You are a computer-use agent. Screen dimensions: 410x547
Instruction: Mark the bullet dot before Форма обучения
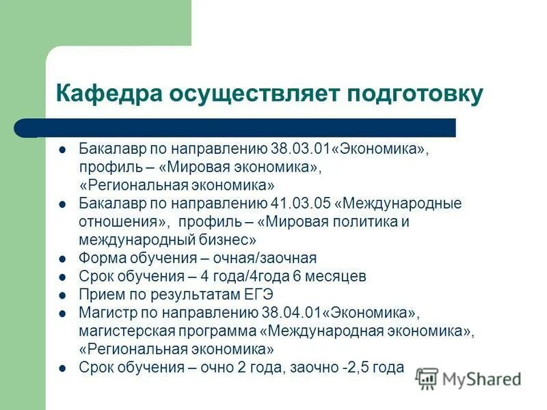click(x=63, y=259)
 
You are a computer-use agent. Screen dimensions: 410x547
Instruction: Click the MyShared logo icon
click(x=427, y=379)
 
